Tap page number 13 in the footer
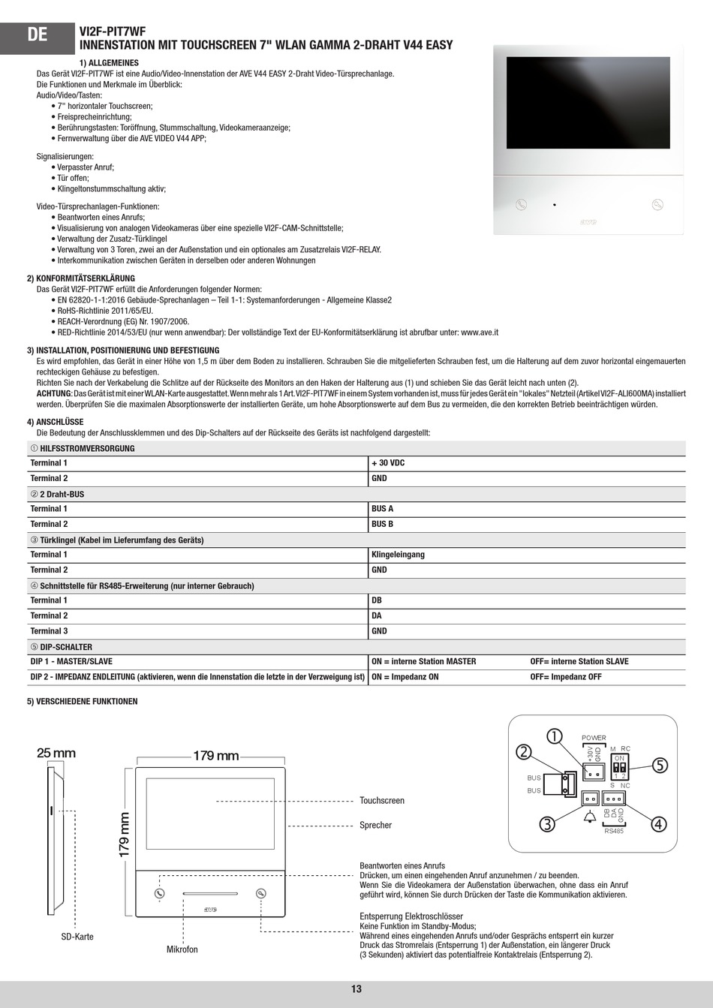pos(356,989)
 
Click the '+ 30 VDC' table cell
pos(388,463)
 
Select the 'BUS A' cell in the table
pos(382,509)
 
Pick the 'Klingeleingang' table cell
pos(398,555)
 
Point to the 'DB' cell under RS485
pos(377,600)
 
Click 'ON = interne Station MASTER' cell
pos(423,661)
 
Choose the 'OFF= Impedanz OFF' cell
pos(566,677)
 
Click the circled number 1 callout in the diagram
pos(555,736)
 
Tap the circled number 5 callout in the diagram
pos(659,765)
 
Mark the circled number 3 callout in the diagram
pos(547,823)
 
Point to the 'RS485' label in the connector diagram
pos(613,830)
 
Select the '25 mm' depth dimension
pos(56,753)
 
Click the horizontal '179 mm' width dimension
pos(215,756)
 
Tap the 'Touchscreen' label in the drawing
pos(381,801)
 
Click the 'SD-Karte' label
pos(77,937)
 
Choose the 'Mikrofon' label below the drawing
pos(182,949)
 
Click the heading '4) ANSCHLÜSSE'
pos(55,422)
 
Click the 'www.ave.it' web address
pos(480,332)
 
